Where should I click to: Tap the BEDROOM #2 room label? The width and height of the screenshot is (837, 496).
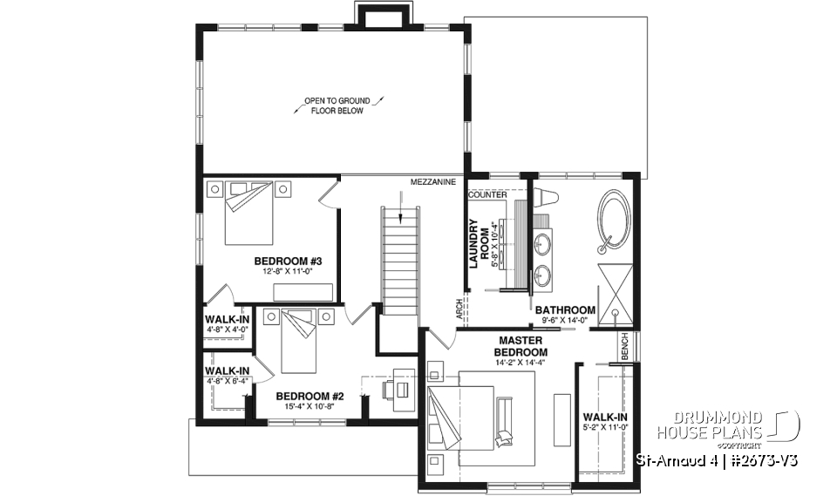click(311, 396)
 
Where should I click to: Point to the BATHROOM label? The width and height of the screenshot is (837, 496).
click(565, 309)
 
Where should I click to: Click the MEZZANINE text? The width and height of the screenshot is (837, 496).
click(433, 182)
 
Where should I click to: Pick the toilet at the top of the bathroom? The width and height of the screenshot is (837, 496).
click(544, 196)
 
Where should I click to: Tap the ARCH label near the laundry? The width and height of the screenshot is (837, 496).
click(459, 309)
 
